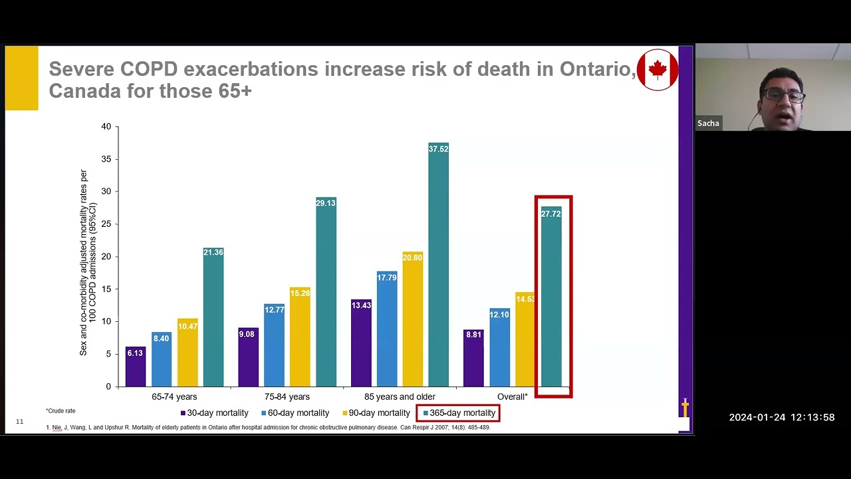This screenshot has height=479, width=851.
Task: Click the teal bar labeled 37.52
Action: (438, 266)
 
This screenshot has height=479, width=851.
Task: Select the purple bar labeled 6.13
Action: (135, 367)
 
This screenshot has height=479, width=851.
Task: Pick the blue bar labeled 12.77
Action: (274, 345)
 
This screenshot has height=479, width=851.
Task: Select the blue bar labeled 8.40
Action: (161, 359)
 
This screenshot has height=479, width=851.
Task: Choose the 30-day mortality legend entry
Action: (214, 413)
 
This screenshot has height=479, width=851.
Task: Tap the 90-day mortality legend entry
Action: (376, 413)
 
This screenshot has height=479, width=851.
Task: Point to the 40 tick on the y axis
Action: (106, 126)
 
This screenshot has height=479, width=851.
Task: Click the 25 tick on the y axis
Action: (106, 224)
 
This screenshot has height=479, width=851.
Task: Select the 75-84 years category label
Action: (287, 397)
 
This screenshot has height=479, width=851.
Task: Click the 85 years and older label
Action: (400, 397)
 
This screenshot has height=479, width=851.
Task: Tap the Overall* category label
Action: (512, 397)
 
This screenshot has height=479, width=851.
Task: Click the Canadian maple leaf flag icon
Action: (658, 70)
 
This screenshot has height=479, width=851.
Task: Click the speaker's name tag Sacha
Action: (708, 123)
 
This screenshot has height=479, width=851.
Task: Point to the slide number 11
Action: (19, 422)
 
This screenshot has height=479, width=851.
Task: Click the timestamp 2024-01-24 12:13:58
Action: (781, 418)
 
